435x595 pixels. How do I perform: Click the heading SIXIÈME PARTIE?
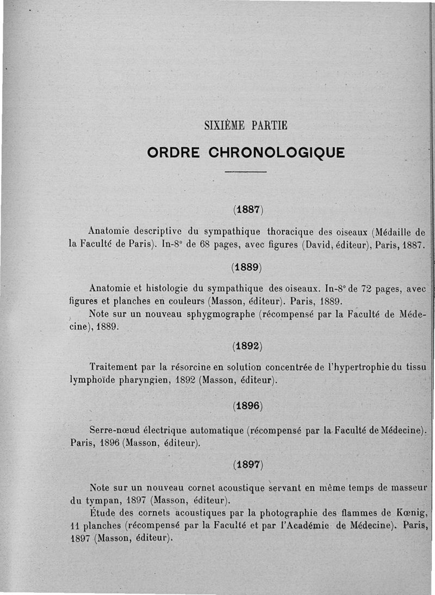pos(246,126)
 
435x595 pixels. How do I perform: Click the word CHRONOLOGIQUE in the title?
pos(277,152)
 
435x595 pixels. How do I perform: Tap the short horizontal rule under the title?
pos(246,172)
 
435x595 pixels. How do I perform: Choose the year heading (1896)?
pos(247,406)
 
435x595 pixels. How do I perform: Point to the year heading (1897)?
pos(247,465)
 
